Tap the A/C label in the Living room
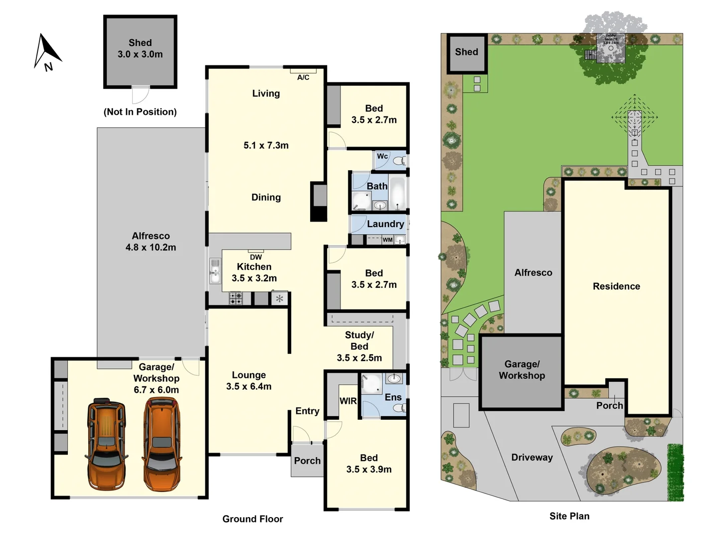[x=303, y=77]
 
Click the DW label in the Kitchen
[x=256, y=257]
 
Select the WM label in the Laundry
[x=387, y=240]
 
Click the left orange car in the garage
[x=106, y=444]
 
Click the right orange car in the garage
[x=162, y=444]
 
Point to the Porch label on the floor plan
[x=307, y=461]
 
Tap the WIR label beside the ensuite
[x=348, y=401]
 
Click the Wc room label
[x=382, y=156]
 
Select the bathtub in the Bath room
[x=397, y=193]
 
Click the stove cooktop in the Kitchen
[x=236, y=298]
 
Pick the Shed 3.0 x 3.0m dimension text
[x=140, y=54]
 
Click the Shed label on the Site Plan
[x=466, y=52]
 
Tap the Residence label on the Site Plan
[x=616, y=286]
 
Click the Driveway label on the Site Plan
[x=532, y=457]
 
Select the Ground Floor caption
[x=252, y=519]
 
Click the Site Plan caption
[x=569, y=516]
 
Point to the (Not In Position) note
[x=140, y=112]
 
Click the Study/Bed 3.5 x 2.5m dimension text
[x=359, y=357]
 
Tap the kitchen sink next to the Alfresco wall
[x=215, y=271]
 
